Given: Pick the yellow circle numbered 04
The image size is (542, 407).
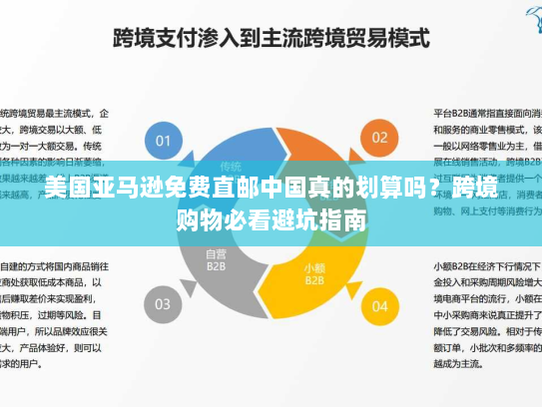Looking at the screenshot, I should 380,303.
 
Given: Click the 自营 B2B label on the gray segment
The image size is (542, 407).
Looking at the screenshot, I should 216,261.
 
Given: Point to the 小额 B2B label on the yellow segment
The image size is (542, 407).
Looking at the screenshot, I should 314,272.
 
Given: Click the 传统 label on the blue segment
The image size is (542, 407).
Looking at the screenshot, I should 232,166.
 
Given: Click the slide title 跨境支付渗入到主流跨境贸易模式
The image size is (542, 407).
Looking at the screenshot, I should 271,40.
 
